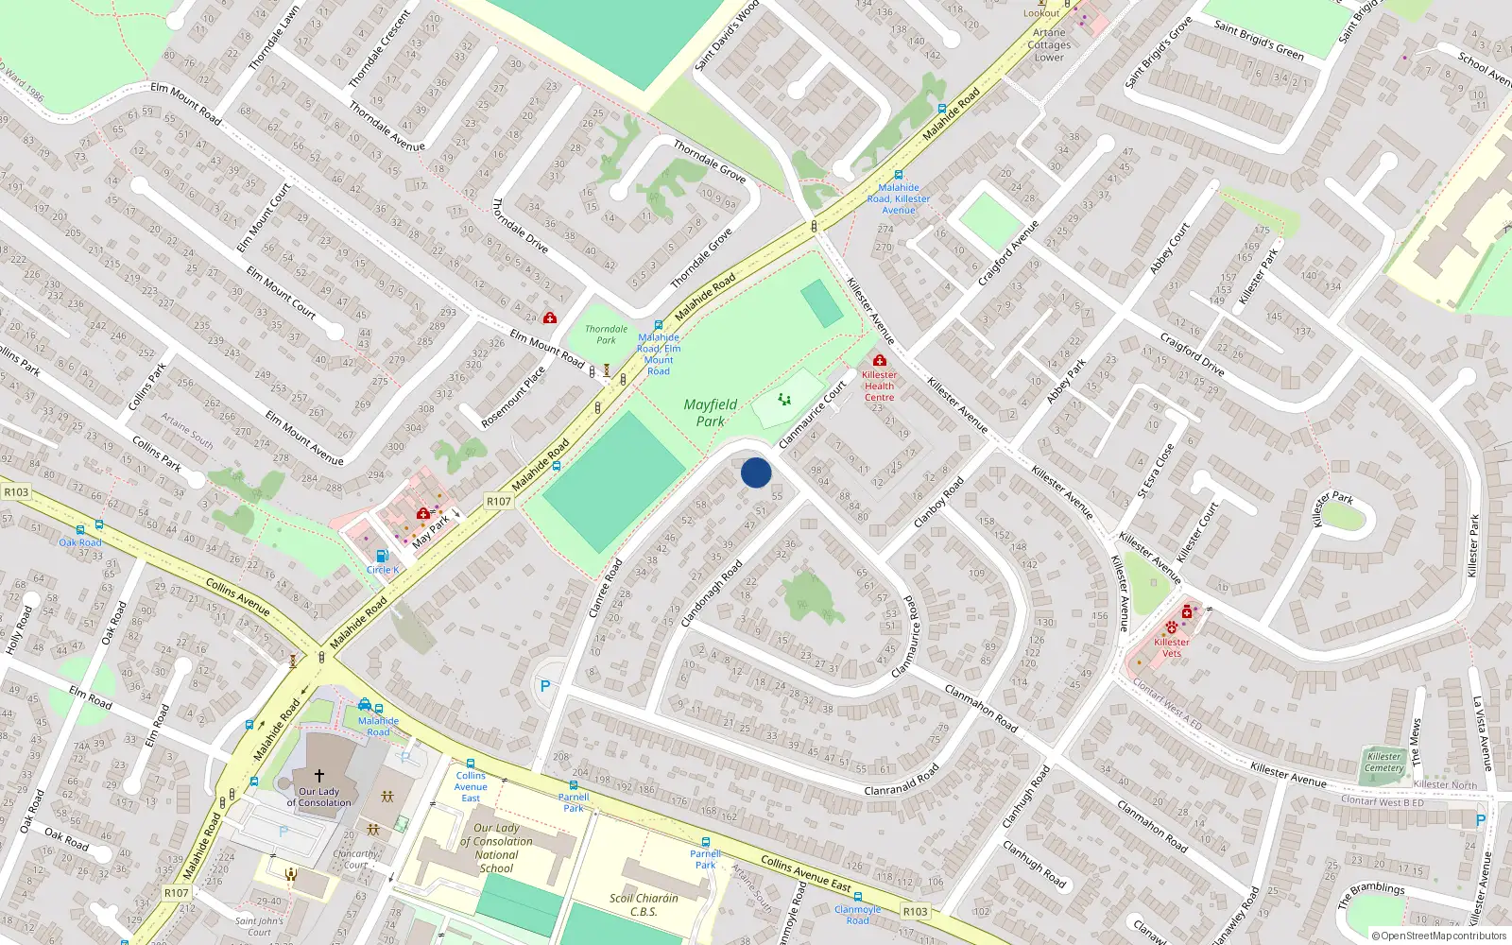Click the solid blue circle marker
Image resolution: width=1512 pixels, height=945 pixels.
coord(756,472)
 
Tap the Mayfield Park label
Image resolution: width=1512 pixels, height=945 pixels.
coord(711,413)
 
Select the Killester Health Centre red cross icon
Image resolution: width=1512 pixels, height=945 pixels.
coord(880,360)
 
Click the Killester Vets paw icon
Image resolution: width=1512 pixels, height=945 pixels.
coord(1172,627)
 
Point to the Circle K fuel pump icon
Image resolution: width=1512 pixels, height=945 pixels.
coord(382,557)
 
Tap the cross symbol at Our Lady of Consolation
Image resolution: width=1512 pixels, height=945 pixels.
coord(319,775)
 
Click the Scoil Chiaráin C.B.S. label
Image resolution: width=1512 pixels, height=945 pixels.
coord(644,904)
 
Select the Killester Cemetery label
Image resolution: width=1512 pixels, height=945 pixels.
coord(1384,762)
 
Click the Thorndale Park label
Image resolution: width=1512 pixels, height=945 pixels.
coord(606,335)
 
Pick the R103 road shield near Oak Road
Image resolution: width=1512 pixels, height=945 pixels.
coord(16,491)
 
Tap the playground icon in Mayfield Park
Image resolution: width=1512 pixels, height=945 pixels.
coord(784,400)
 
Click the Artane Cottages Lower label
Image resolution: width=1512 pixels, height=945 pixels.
coord(1049,44)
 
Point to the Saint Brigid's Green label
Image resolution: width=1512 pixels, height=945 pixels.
coord(1259,41)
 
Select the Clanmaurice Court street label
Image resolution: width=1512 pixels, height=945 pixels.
coord(813,415)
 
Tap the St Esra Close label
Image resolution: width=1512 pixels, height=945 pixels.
coord(1156,470)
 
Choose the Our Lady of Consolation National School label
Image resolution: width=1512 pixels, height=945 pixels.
coord(496,848)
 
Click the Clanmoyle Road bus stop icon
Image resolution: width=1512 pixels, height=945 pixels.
coord(858,897)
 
